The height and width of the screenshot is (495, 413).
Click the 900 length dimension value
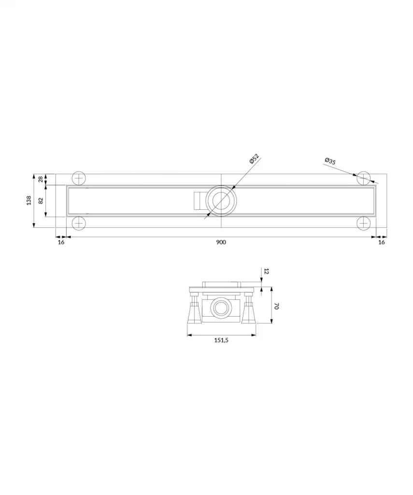tap(221, 242)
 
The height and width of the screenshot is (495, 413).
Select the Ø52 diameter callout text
tap(254, 159)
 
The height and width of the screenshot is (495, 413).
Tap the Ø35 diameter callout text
tap(330, 161)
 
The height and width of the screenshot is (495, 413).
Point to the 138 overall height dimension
tap(29, 200)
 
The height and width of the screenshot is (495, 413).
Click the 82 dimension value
tap(41, 201)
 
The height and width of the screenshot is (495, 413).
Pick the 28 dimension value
tap(41, 179)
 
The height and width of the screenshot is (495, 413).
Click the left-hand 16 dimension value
tap(61, 242)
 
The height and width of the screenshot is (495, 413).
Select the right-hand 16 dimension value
tap(381, 242)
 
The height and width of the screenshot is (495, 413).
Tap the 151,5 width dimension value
tap(221, 340)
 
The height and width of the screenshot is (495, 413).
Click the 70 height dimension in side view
tap(277, 306)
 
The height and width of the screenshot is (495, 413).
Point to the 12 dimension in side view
tap(267, 272)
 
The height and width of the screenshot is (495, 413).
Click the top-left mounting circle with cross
tap(78, 178)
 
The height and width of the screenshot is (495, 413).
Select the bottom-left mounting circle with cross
tap(78, 223)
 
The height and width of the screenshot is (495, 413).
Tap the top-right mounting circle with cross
tap(364, 178)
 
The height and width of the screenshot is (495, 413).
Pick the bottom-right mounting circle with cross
tap(364, 223)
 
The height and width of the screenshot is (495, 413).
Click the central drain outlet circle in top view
tap(221, 200)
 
